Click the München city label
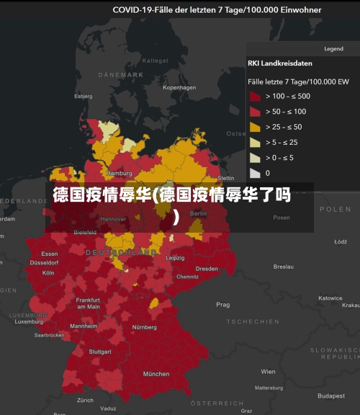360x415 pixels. click(156, 374)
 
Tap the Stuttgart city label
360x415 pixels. click(100, 352)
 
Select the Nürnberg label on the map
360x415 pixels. click(144, 327)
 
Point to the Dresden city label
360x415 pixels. click(207, 269)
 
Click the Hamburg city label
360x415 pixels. click(119, 174)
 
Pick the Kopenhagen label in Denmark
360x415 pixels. click(179, 88)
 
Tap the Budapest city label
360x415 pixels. click(331, 396)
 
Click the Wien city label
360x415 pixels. click(268, 372)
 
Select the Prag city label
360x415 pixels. click(222, 305)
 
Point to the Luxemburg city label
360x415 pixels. click(29, 321)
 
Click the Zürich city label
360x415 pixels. click(86, 400)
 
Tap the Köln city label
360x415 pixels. click(48, 273)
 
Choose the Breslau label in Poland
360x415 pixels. click(284, 267)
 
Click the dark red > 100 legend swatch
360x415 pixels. click(255, 96)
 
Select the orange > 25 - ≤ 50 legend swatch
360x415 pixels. click(255, 127)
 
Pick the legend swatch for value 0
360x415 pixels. click(255, 173)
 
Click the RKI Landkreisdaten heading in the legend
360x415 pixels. click(280, 63)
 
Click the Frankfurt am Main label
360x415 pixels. click(89, 303)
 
